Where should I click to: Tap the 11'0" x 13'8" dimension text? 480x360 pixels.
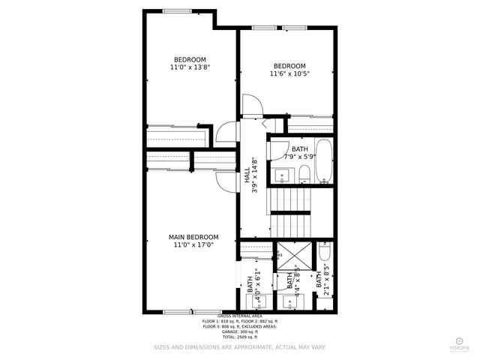(190, 67)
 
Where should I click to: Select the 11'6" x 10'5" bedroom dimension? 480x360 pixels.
(289, 73)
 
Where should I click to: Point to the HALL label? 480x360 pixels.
(247, 177)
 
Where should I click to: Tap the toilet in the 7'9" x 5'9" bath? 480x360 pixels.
(304, 175)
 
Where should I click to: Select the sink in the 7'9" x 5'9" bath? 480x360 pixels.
(283, 175)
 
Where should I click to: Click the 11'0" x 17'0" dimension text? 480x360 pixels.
(193, 244)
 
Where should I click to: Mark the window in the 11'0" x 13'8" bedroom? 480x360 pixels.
(176, 10)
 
